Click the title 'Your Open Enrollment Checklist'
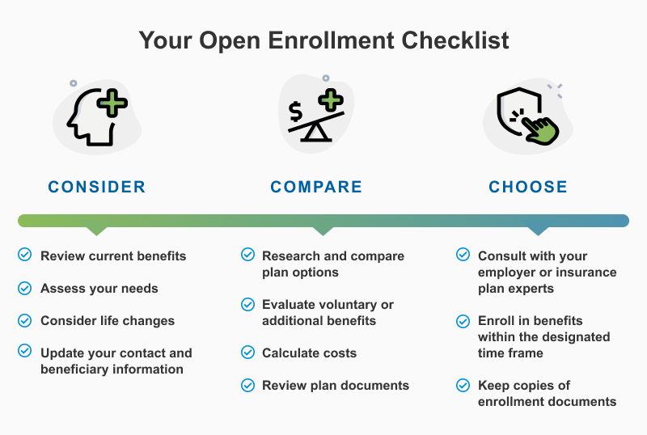[323, 40]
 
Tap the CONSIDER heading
[97, 187]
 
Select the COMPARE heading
[316, 187]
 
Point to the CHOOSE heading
[528, 187]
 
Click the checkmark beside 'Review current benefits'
[25, 256]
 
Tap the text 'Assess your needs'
[99, 288]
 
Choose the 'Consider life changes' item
[108, 320]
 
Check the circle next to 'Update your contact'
[25, 352]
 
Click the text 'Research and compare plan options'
[332, 264]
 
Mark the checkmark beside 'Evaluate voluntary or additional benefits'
[248, 304]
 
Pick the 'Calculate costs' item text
[309, 353]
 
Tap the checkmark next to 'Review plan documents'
[248, 385]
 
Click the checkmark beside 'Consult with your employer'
[463, 255]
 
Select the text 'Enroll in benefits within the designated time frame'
[543, 336]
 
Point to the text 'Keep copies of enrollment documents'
[547, 393]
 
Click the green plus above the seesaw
[330, 102]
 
